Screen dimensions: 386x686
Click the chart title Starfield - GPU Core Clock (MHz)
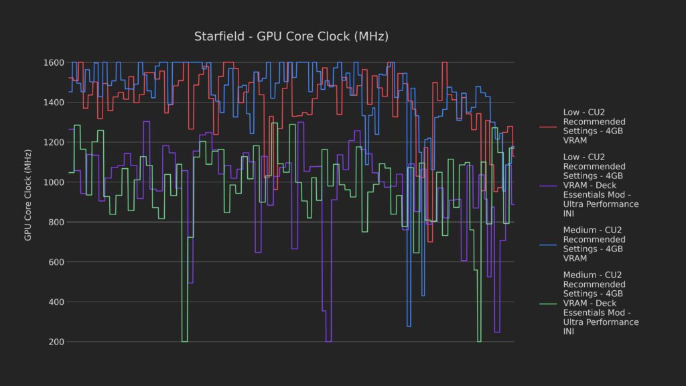[x=291, y=36]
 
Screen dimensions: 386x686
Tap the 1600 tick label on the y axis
[x=53, y=63]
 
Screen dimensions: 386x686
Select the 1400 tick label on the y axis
[x=53, y=103]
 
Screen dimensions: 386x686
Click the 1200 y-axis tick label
[x=53, y=143]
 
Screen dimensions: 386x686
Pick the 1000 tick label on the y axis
[x=53, y=182]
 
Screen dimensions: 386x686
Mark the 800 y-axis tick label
[x=56, y=222]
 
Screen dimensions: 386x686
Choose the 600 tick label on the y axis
[x=56, y=262]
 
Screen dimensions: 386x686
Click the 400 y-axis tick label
[x=56, y=302]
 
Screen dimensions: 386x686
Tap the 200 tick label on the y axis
[x=56, y=342]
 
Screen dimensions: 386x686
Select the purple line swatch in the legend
[x=548, y=185]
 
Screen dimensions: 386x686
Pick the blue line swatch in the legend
[x=548, y=244]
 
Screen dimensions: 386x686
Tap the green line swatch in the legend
[x=548, y=303]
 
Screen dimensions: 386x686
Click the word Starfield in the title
[x=219, y=36]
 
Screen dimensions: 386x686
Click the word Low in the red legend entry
[x=571, y=113]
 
